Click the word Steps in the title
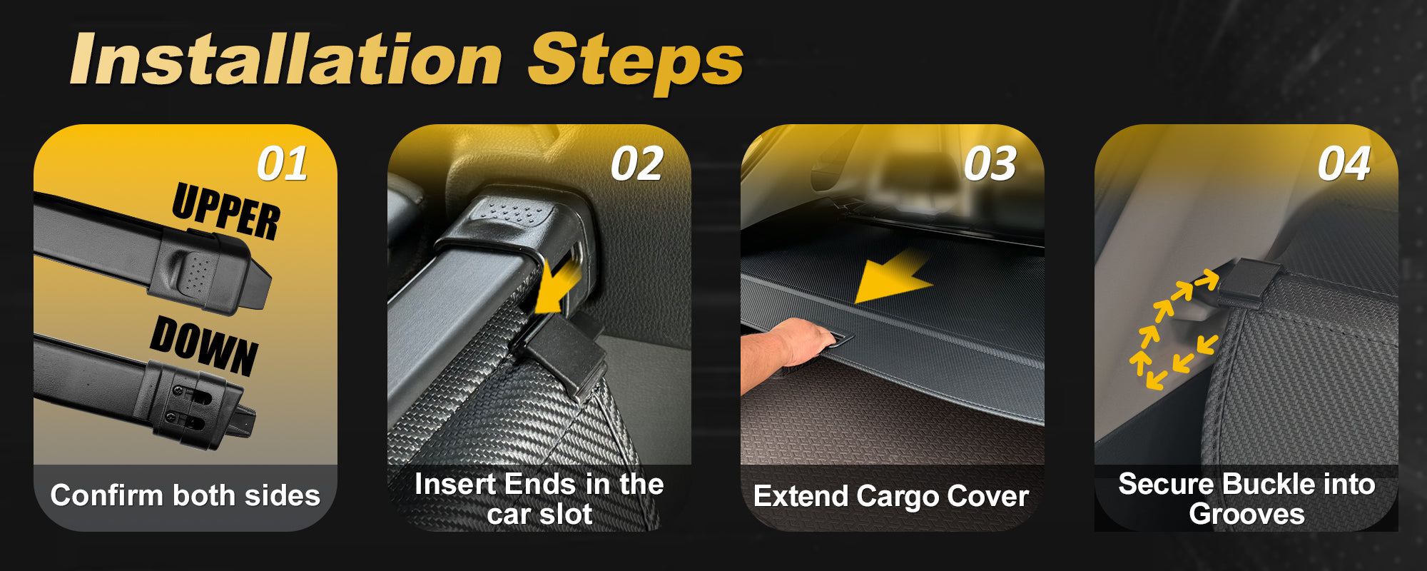point(635,63)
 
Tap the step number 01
point(283,163)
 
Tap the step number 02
point(636,163)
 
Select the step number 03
point(990,163)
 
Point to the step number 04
point(1344,163)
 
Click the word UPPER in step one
point(226,210)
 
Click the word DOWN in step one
point(204,345)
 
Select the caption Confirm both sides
point(186,495)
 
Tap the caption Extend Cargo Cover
point(891,496)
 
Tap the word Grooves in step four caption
point(1246,514)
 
